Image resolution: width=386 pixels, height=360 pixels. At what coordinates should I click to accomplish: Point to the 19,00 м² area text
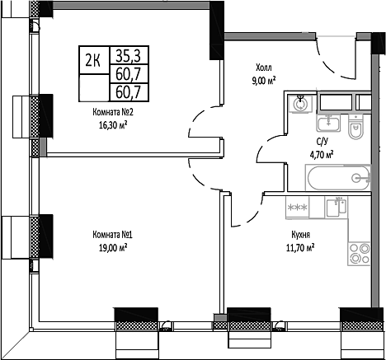click(114, 248)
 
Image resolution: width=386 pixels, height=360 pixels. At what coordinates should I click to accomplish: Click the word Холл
click(262, 68)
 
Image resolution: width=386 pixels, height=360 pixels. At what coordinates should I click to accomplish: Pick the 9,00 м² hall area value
click(262, 80)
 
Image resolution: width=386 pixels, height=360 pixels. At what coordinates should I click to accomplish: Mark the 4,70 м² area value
click(321, 154)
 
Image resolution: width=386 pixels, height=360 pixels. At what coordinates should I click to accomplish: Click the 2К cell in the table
click(94, 58)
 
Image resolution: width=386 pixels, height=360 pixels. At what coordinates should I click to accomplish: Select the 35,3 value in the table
click(126, 56)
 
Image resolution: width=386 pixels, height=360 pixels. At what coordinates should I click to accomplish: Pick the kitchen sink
click(335, 208)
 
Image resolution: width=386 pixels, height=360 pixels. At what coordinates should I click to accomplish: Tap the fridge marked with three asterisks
click(298, 207)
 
